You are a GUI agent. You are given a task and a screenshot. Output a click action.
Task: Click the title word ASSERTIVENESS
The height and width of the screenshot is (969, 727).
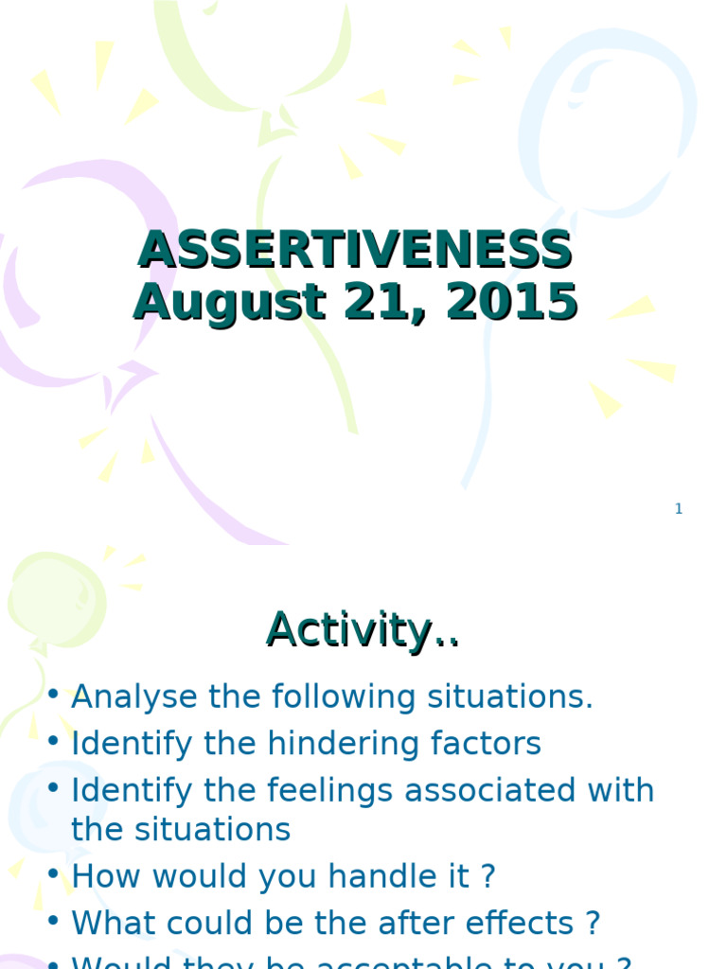355,251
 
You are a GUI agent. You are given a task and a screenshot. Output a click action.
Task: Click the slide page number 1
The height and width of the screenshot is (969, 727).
678,509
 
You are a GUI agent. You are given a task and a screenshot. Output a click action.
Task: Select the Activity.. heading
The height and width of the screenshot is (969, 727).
363,629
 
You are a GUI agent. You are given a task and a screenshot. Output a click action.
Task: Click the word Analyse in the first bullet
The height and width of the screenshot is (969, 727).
135,697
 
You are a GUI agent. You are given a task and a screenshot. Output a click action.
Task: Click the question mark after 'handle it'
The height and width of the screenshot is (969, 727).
488,876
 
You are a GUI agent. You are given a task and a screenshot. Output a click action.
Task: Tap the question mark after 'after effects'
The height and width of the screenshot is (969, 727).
594,923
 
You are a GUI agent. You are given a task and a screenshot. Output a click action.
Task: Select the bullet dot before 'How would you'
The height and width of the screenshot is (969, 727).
53,876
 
